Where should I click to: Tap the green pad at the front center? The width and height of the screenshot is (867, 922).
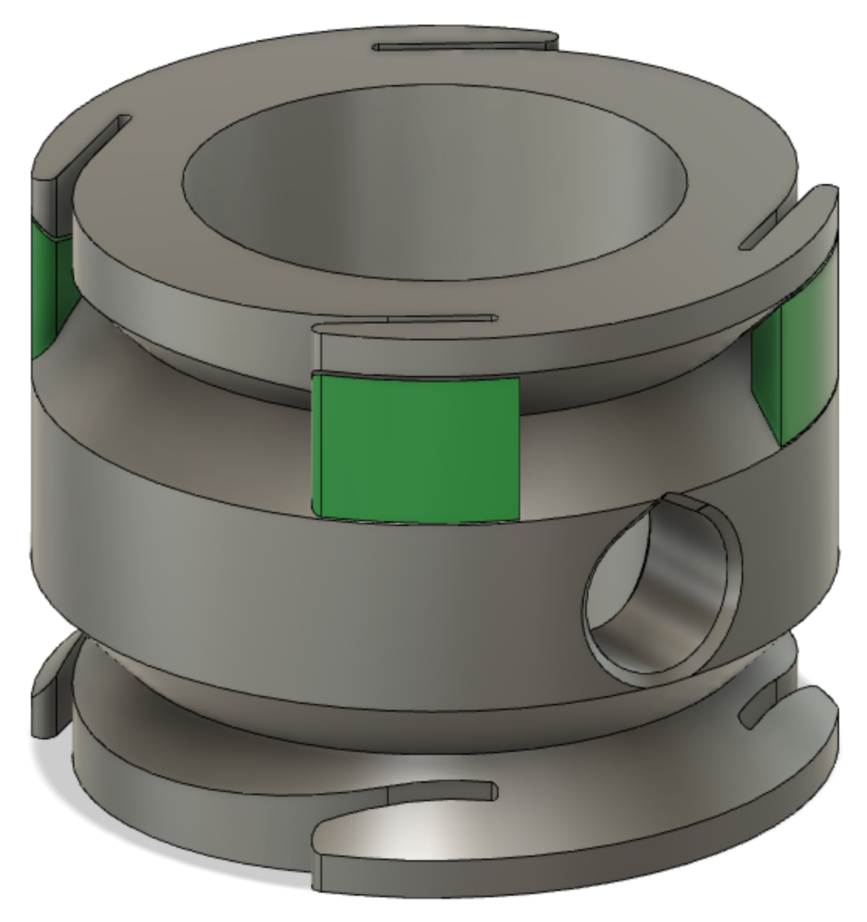(x=414, y=447)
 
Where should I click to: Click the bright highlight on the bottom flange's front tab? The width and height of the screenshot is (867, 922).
(x=403, y=843)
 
